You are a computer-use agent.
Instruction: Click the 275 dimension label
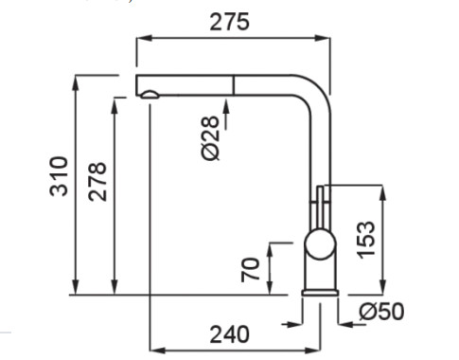[x=229, y=22]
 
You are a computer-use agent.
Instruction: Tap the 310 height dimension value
[x=59, y=176]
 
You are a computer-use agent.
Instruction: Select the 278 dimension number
[x=97, y=182]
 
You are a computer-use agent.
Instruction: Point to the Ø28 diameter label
[x=209, y=138]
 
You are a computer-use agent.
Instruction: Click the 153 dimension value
[x=366, y=240]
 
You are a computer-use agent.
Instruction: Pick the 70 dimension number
[x=250, y=270]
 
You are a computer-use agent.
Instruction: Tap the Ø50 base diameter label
[x=381, y=312]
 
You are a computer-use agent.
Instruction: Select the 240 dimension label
[x=229, y=334]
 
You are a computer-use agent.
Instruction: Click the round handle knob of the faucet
[x=320, y=244]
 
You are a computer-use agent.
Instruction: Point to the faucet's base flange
[x=320, y=293]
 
